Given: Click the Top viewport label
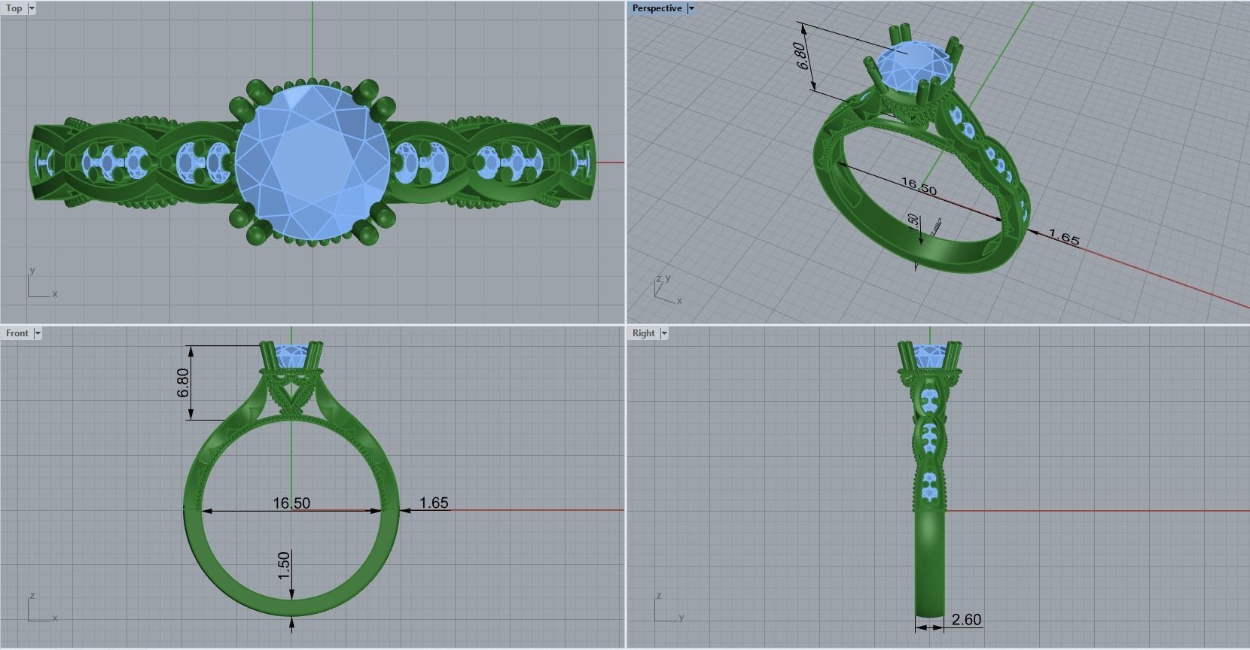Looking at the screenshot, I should click(x=14, y=8).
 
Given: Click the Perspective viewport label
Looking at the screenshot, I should click(x=657, y=8).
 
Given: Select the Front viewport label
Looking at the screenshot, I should click(x=17, y=333).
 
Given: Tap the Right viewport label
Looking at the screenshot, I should click(x=644, y=333).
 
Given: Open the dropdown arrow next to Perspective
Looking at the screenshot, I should click(x=691, y=8).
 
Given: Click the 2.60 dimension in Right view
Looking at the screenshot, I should click(x=966, y=620).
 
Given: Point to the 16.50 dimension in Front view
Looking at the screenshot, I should click(x=291, y=503).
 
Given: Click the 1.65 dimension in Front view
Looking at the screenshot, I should click(x=434, y=503).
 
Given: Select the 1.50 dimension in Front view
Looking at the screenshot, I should click(x=284, y=566).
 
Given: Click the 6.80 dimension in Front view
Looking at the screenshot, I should click(x=183, y=383).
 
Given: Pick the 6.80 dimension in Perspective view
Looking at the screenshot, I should click(x=803, y=56).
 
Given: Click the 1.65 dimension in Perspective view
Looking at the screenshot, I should click(x=1064, y=238).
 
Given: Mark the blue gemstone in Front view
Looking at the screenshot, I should click(x=291, y=354).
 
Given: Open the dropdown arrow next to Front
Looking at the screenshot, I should click(x=38, y=333).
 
